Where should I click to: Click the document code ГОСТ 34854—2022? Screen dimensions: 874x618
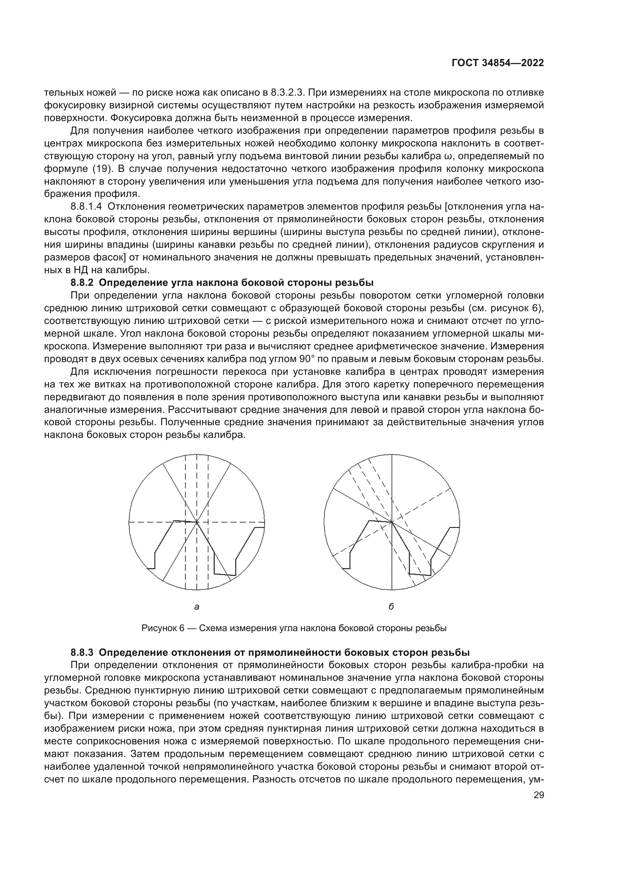pos(497,63)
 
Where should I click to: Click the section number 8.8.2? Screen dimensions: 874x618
pos(82,283)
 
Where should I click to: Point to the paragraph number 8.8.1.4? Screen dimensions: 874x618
pos(86,207)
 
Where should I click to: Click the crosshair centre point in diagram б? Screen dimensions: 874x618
pos(392,522)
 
